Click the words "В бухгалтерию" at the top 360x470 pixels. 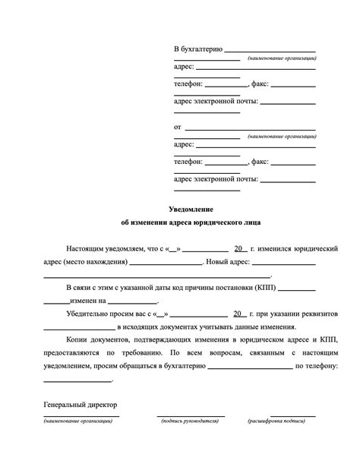coord(197,49)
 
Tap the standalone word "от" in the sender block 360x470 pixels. coord(178,127)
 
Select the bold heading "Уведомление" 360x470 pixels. coord(191,208)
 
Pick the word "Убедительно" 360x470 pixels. coord(89,314)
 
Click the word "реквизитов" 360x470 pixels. coord(319,314)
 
